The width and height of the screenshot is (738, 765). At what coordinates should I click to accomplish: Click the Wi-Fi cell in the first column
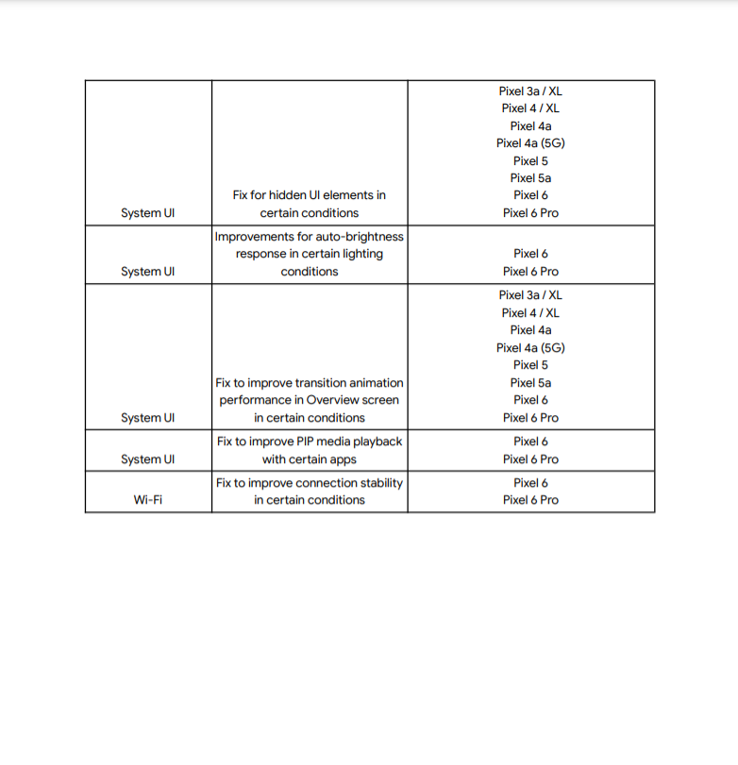click(147, 500)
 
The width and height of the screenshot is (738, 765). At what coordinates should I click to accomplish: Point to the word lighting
click(361, 254)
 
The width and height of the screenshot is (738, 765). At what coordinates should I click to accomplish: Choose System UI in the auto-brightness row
click(147, 272)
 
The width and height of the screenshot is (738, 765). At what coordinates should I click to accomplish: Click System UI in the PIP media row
click(147, 459)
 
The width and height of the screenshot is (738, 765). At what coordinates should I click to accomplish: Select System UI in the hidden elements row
click(147, 213)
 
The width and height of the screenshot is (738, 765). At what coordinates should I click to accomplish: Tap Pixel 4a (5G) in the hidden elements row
click(530, 143)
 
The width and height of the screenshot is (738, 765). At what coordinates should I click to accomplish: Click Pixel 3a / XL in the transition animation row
click(530, 295)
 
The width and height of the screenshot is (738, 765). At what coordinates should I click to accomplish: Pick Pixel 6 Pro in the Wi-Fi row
click(530, 500)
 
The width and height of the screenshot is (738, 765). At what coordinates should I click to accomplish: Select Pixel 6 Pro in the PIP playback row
click(530, 459)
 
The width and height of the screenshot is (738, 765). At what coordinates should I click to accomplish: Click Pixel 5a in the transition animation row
click(530, 383)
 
